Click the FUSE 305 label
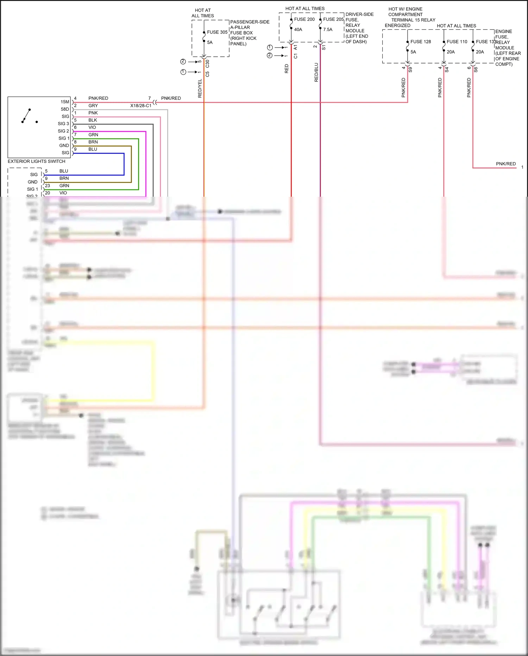[x=217, y=32]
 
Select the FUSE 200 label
[x=304, y=19]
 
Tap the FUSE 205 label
[x=333, y=19]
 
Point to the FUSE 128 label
[x=420, y=42]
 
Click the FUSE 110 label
[x=457, y=42]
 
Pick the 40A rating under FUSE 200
[x=298, y=30]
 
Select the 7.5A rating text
[x=327, y=30]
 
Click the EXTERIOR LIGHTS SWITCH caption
[x=36, y=161]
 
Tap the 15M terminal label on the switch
[x=65, y=102]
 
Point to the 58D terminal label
[x=65, y=109]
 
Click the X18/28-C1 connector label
[x=140, y=106]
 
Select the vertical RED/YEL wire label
[x=200, y=88]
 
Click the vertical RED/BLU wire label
[x=316, y=73]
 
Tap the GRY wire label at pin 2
[x=93, y=106]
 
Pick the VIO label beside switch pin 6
[x=92, y=128]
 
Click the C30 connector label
[x=207, y=64]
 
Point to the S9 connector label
[x=410, y=70]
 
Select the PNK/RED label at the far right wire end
[x=505, y=164]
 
